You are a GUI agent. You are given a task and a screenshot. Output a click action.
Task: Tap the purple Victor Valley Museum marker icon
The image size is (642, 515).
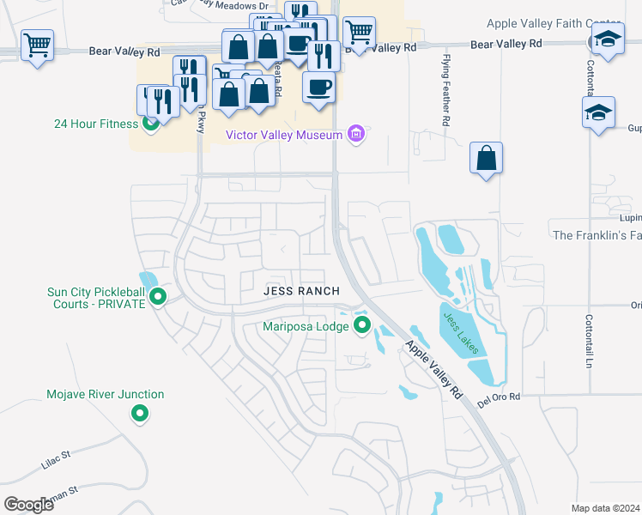tap(356, 134)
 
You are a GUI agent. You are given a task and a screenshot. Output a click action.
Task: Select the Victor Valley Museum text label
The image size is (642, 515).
tap(283, 135)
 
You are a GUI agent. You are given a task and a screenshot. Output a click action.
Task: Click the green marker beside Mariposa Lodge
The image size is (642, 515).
tap(361, 325)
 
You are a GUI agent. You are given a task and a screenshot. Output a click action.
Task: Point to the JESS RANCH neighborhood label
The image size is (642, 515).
tap(301, 291)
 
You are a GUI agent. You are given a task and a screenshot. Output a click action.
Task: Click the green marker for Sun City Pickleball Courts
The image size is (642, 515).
tap(158, 297)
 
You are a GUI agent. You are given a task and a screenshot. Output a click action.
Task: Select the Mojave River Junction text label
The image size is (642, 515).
tap(105, 395)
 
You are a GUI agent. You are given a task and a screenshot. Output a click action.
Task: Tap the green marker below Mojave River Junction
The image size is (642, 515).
tap(139, 415)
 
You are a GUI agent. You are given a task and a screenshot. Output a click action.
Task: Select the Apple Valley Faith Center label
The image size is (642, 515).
tap(563, 24)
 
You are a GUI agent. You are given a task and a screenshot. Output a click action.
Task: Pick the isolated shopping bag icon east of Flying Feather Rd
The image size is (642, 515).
tap(486, 158)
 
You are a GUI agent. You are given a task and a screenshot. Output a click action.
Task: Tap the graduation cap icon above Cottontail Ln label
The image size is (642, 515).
tap(598, 112)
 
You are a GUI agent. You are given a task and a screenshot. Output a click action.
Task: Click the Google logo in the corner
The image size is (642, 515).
tap(28, 505)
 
